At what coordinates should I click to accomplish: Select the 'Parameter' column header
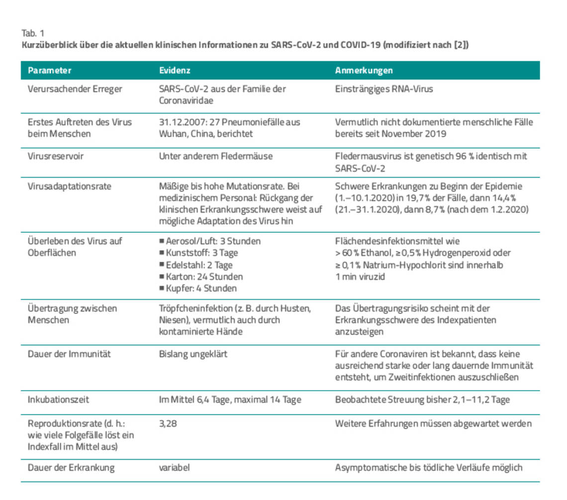(49, 70)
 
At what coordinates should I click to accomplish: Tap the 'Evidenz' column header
(175, 70)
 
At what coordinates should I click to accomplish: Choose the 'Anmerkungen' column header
(364, 70)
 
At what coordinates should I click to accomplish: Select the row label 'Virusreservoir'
(56, 156)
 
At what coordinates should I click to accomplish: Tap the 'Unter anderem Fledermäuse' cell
(215, 156)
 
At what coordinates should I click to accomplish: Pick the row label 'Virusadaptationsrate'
(69, 187)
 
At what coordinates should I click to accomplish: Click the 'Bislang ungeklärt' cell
(193, 354)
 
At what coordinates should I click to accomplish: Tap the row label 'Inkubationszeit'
(58, 400)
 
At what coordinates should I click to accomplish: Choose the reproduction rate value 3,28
(168, 423)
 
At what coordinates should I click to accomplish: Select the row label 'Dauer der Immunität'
(69, 354)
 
